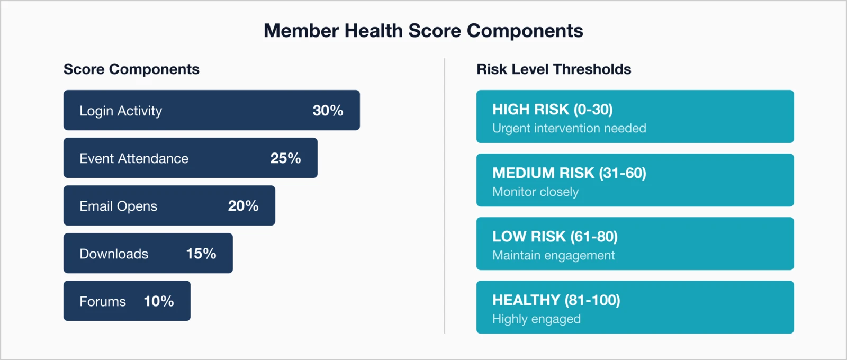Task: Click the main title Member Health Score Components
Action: coord(423,31)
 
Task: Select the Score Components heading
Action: coord(131,69)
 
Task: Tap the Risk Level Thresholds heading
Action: coord(554,69)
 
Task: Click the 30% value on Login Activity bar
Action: coord(328,111)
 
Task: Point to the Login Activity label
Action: coord(121,111)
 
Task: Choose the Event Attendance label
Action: coord(134,158)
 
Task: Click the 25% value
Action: coord(285,158)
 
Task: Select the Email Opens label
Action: coord(118,206)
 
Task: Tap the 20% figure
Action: coord(243,206)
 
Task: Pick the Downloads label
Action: coord(114,254)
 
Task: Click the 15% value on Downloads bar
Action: coord(201,254)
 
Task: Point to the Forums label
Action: coord(103,301)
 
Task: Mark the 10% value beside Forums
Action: coord(159,301)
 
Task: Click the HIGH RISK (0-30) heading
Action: coord(552,110)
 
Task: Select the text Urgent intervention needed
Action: coord(569,128)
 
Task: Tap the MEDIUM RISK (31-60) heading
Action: coord(569,173)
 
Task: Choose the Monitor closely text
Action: coord(535,192)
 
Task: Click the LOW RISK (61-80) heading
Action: coord(555,237)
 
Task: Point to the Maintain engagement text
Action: coord(553,255)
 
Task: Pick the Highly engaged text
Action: coord(536,319)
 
